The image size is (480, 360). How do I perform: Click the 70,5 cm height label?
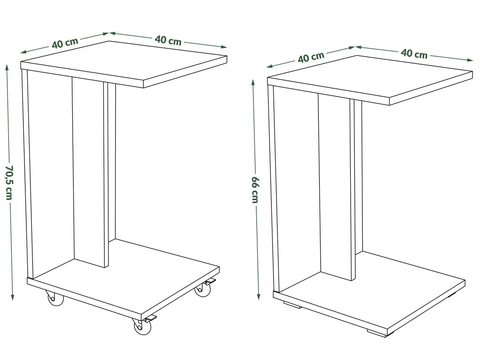(9, 183)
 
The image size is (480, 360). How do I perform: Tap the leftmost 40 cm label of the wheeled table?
(65, 43)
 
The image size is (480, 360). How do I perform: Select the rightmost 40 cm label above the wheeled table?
(168, 40)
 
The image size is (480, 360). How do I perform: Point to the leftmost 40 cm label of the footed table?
(311, 57)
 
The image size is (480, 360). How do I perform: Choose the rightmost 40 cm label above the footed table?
(414, 53)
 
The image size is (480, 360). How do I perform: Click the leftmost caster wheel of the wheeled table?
(55, 299)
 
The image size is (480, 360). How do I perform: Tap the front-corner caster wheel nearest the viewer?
(142, 327)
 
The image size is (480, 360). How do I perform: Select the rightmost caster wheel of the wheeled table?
(202, 290)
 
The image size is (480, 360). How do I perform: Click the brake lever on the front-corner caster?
(150, 319)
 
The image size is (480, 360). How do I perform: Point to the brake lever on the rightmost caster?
(210, 282)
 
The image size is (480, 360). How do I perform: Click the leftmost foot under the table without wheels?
(292, 305)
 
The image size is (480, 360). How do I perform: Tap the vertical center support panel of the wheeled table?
(90, 172)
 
